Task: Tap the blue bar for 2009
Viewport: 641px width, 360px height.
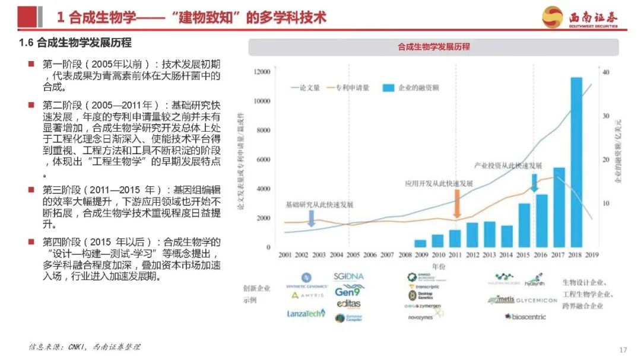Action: point(420,243)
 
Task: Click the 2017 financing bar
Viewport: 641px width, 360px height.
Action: point(559,207)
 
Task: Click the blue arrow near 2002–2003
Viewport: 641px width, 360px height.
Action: point(311,218)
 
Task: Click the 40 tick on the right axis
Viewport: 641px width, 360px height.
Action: point(605,72)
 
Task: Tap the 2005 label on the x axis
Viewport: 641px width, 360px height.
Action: point(353,255)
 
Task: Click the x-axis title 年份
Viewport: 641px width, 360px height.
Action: point(439,266)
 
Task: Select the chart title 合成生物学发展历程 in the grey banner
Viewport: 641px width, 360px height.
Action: point(433,47)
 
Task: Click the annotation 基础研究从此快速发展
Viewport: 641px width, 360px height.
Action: point(319,204)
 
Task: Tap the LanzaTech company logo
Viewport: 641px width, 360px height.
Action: point(305,313)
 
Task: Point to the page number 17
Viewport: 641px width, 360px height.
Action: point(623,349)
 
